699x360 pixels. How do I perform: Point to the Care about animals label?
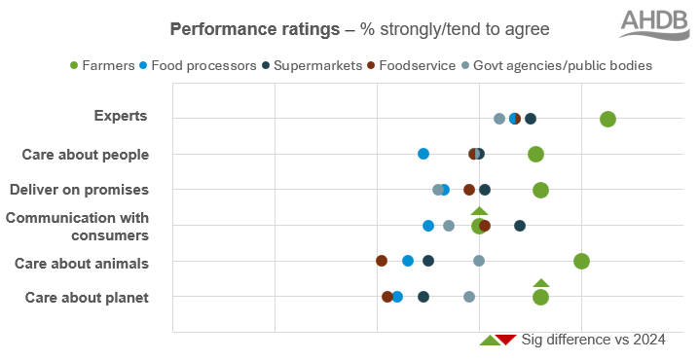pyautogui.click(x=81, y=263)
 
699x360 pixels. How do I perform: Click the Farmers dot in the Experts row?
pyautogui.click(x=607, y=119)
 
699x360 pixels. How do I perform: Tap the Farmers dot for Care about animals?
pyautogui.click(x=581, y=261)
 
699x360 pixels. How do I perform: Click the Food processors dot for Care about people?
pyautogui.click(x=423, y=154)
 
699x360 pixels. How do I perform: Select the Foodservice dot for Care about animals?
pyautogui.click(x=382, y=261)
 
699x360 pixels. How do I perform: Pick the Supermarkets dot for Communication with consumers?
pyautogui.click(x=520, y=226)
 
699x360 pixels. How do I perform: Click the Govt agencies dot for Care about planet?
pyautogui.click(x=469, y=297)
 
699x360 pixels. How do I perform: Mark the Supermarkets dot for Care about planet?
pyautogui.click(x=423, y=297)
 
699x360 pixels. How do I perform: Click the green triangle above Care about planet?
pyautogui.click(x=541, y=283)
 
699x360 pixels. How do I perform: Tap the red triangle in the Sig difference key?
pyautogui.click(x=505, y=340)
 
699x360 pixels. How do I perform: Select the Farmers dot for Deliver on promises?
pyautogui.click(x=540, y=190)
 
